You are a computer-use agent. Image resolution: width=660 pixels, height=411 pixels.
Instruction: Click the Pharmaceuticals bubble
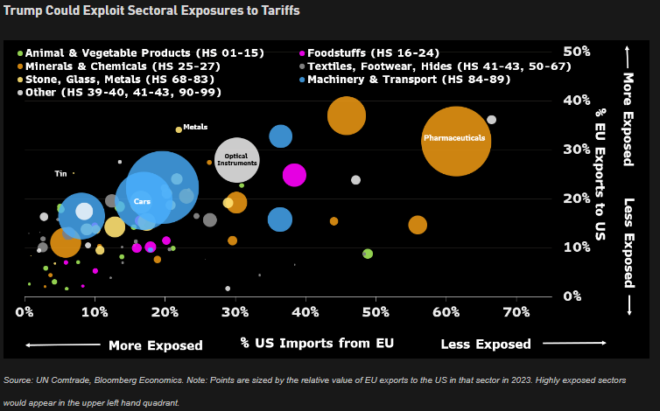[454, 140]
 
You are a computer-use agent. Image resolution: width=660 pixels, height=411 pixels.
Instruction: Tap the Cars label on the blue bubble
[142, 202]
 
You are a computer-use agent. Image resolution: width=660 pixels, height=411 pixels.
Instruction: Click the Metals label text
[195, 128]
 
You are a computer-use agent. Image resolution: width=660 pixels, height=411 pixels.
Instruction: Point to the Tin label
[60, 173]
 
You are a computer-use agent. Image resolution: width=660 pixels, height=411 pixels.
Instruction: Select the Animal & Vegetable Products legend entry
[144, 52]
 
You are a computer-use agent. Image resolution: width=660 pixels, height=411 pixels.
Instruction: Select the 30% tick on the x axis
[235, 312]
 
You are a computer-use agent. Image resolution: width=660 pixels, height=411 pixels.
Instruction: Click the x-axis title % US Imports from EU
[317, 343]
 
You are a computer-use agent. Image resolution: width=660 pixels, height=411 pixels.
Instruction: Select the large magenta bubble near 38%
[295, 175]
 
